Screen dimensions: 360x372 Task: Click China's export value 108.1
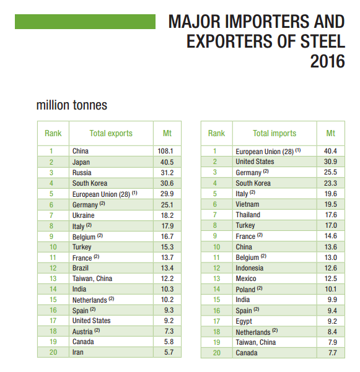165,151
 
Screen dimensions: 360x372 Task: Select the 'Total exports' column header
111,133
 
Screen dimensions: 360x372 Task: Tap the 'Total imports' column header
274,133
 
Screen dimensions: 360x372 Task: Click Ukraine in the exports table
84,215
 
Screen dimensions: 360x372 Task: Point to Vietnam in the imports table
247,204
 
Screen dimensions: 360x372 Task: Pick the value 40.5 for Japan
167,162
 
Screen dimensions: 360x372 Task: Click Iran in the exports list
78,352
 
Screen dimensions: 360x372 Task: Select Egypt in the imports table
244,321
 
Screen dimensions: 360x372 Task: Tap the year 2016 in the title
327,61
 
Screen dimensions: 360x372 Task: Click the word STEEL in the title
323,41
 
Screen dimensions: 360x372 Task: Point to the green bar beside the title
85,22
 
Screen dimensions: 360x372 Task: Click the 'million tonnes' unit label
72,105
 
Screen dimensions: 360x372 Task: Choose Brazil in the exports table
81,268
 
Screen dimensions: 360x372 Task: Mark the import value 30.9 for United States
330,162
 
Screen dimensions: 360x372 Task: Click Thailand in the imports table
248,215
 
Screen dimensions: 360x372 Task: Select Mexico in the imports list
246,279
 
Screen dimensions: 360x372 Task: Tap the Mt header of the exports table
167,133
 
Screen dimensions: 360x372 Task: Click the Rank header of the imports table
216,133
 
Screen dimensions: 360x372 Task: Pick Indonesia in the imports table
250,268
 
